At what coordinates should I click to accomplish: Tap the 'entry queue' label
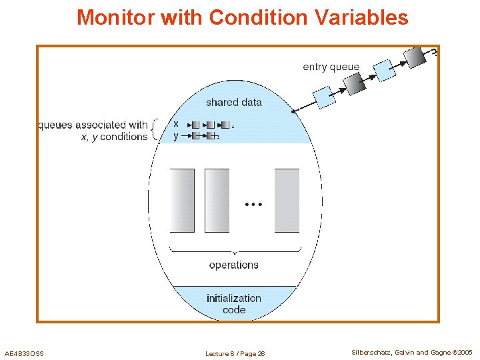click(x=331, y=67)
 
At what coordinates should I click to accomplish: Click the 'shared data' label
click(x=233, y=102)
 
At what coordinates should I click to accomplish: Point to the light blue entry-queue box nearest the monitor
click(x=325, y=97)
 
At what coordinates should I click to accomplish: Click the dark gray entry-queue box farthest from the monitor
click(x=416, y=57)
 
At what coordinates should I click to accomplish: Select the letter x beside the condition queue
click(x=176, y=124)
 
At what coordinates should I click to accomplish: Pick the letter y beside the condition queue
click(x=176, y=136)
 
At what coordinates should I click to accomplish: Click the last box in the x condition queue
click(x=225, y=125)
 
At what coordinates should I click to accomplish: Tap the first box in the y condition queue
click(x=196, y=136)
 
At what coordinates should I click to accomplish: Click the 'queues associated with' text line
click(x=93, y=125)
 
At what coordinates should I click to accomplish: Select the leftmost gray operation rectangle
click(x=182, y=200)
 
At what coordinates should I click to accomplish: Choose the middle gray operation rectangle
click(x=217, y=200)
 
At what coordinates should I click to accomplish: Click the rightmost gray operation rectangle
click(x=287, y=200)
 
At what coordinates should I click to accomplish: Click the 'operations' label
click(x=233, y=265)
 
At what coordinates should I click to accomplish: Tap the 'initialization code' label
click(x=234, y=304)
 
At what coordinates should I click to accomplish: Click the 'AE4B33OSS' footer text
click(x=24, y=353)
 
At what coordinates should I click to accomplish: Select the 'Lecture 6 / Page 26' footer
click(x=235, y=353)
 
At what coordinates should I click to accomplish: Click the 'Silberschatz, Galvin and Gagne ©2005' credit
click(x=412, y=353)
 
